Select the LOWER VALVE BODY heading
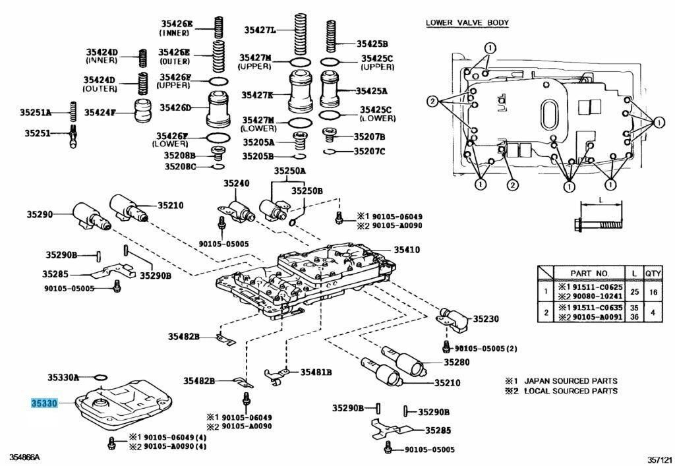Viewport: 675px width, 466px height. coord(467,23)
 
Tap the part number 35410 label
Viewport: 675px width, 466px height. coord(407,250)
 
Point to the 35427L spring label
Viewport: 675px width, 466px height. coord(260,30)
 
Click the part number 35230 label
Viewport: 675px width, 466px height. coord(485,320)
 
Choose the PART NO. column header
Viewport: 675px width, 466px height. coord(589,272)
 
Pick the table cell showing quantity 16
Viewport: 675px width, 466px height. coord(653,291)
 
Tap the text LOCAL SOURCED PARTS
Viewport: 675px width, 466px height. coord(570,391)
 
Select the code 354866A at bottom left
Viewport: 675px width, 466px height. coord(24,457)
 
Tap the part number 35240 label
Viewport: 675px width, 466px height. coord(236,183)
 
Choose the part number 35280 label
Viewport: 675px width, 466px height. coord(456,362)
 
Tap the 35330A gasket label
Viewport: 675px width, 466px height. coord(63,378)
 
